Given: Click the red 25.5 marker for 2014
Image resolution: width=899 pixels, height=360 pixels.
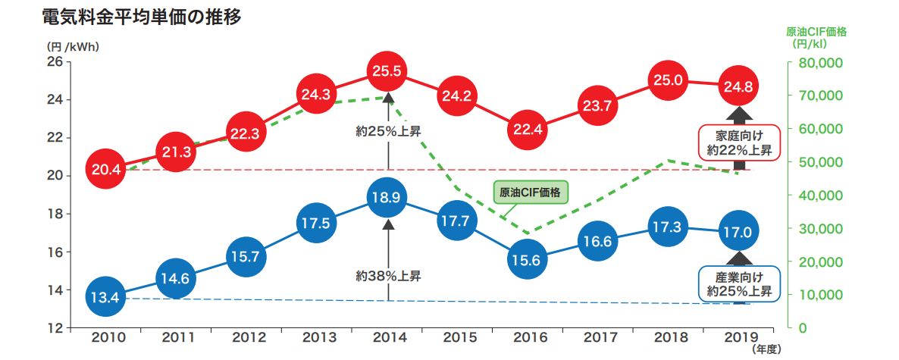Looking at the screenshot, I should [x=387, y=72].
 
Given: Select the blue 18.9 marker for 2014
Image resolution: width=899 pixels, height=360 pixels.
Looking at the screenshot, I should [x=387, y=198].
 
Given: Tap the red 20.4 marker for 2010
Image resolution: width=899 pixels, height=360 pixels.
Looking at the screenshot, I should [x=106, y=169].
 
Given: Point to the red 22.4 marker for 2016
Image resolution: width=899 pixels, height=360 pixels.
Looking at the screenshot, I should [x=527, y=129].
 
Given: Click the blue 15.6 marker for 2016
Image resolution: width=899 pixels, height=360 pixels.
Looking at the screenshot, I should [x=527, y=260].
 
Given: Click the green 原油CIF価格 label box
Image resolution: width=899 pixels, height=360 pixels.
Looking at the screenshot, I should [x=531, y=193].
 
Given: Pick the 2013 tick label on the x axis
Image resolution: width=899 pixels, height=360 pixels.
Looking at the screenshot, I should [x=318, y=337].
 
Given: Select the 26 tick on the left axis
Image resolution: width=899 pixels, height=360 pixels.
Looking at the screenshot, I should [x=55, y=62].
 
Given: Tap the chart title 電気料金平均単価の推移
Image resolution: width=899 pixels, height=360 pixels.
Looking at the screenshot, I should [x=143, y=17].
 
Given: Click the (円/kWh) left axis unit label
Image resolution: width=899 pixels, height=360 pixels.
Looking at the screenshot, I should [x=73, y=45].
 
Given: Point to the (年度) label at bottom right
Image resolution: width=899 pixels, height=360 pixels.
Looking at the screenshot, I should [x=766, y=349].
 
